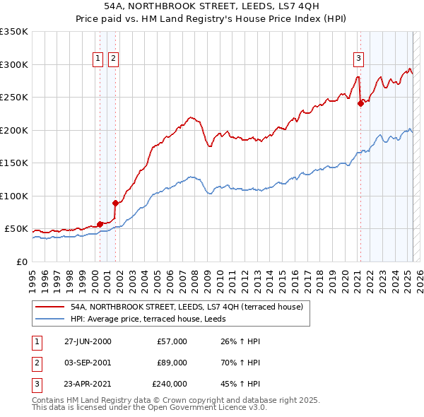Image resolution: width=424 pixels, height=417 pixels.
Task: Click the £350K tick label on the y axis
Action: (x=14, y=32)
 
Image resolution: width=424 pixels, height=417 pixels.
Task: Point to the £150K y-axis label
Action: (x=14, y=163)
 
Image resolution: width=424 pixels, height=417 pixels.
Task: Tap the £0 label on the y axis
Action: (x=22, y=262)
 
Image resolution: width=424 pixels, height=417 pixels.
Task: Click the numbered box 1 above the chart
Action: (x=98, y=59)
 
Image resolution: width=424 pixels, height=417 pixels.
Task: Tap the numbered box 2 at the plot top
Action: (x=113, y=59)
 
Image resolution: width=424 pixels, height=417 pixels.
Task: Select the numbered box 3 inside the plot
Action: (x=359, y=59)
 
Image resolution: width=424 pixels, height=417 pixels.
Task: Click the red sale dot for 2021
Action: (x=360, y=103)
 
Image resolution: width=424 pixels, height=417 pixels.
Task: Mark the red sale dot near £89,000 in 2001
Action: (x=115, y=203)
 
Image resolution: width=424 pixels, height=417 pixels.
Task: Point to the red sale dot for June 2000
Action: (x=100, y=224)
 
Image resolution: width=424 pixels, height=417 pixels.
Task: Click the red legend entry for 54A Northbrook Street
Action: (x=187, y=307)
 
